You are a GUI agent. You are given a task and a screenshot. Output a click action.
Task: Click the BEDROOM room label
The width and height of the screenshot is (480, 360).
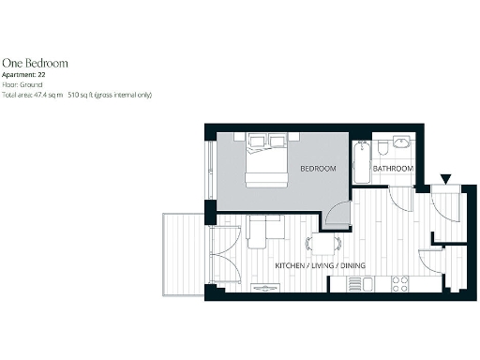(x=318, y=169)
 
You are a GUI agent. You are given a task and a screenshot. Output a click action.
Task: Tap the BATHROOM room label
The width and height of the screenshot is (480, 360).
(x=393, y=169)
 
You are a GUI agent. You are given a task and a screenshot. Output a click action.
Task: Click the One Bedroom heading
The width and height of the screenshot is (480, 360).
(x=34, y=63)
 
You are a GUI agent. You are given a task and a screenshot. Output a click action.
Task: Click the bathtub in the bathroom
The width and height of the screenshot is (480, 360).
(x=361, y=163)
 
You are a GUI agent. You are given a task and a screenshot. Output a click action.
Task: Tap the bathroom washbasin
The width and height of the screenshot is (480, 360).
(x=401, y=144)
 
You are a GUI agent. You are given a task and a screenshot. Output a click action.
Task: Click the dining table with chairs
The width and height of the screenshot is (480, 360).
(x=324, y=244)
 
